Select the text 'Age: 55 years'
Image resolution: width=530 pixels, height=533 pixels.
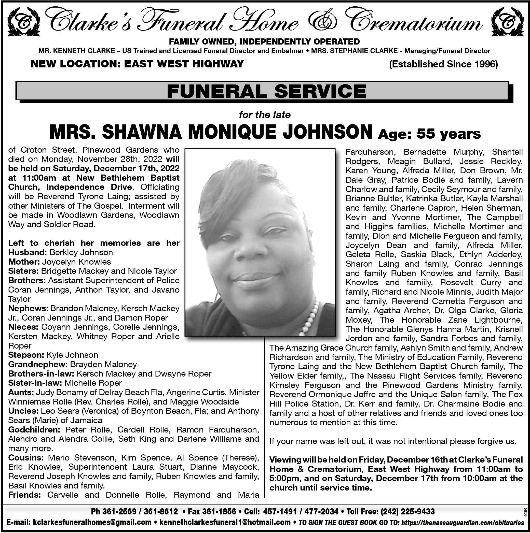click(429, 134)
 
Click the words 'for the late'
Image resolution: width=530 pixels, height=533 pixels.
click(265, 114)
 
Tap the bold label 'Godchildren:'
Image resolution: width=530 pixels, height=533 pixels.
click(34, 429)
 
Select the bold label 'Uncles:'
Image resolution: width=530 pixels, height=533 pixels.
click(23, 411)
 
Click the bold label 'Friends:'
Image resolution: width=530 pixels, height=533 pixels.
click(25, 495)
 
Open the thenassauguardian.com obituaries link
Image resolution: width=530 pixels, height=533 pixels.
click(462, 522)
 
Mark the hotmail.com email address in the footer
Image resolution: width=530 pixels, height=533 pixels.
click(225, 522)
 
